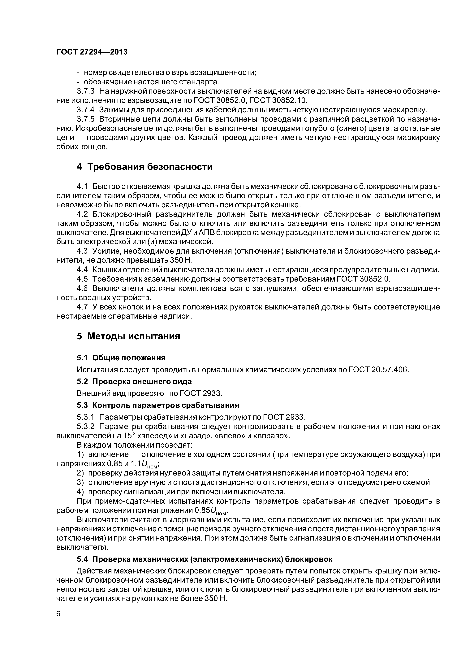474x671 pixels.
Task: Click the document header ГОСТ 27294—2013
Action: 92,52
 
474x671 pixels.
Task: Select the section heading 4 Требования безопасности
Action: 144,167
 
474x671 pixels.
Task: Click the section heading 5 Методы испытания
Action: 128,336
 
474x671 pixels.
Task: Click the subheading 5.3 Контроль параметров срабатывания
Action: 158,405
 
